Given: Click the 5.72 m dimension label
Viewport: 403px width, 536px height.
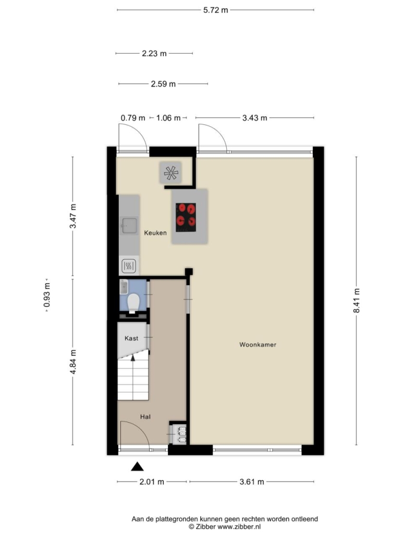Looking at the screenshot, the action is [x=215, y=10].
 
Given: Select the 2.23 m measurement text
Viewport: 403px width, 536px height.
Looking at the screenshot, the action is [x=154, y=53].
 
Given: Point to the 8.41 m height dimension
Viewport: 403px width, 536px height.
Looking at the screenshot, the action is [x=357, y=300].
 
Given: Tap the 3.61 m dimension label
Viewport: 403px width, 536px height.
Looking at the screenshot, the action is [x=252, y=482].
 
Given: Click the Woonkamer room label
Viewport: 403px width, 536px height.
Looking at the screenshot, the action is [x=258, y=344].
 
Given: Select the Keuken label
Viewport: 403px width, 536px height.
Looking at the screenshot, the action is [x=155, y=233].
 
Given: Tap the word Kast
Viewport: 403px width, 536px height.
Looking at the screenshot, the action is [x=131, y=338].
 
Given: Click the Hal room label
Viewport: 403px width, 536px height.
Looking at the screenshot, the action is [x=145, y=417].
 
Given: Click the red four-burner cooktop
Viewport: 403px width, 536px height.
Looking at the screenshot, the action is [x=186, y=217].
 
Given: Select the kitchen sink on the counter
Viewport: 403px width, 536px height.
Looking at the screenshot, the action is [x=129, y=225].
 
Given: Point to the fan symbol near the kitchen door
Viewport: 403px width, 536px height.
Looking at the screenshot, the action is [x=170, y=173].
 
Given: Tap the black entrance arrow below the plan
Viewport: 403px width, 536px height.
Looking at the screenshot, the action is [x=137, y=466].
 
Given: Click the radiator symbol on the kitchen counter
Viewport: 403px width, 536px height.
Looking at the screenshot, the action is [x=129, y=265].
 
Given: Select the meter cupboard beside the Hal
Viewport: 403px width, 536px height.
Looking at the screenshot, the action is [x=178, y=433].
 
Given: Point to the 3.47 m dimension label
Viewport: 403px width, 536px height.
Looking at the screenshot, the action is [x=72, y=216].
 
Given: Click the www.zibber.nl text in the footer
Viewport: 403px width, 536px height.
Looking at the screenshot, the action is [x=239, y=527].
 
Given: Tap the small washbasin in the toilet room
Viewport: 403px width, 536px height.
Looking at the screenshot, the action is [x=124, y=287].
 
